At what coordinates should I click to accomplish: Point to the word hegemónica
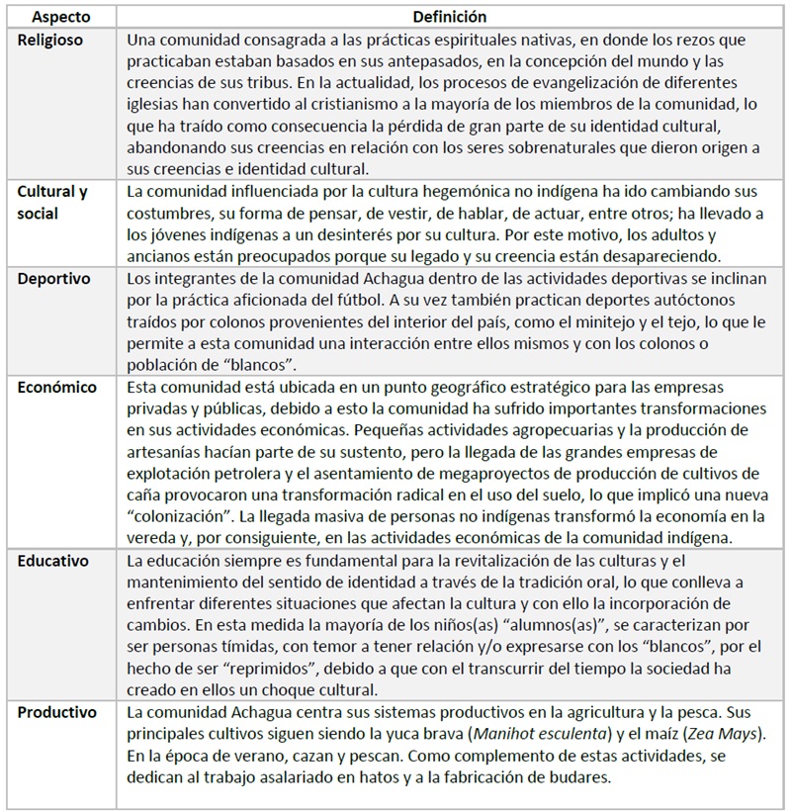[x=411, y=192]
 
